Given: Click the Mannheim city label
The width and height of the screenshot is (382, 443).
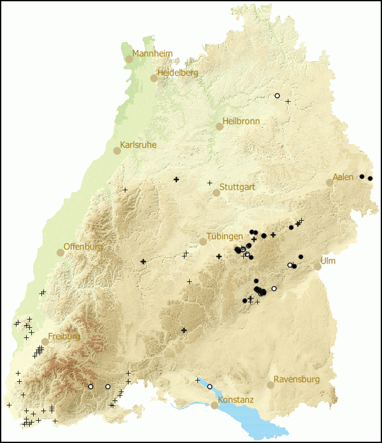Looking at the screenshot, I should (x=152, y=53).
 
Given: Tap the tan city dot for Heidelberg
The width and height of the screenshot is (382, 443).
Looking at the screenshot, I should (x=153, y=78).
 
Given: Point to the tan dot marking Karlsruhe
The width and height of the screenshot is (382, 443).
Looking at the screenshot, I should (x=117, y=151).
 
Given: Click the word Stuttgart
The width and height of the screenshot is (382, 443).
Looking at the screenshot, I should (x=237, y=187).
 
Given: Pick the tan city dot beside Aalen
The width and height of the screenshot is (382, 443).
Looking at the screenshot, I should (x=330, y=183).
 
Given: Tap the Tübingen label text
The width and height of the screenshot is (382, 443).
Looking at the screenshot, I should (x=223, y=236).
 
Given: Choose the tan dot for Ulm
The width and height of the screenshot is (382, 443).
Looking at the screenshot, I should (x=318, y=267).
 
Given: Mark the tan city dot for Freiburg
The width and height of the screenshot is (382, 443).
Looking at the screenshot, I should (x=45, y=341).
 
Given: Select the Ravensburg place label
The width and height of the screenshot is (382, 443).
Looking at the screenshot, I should (x=296, y=379).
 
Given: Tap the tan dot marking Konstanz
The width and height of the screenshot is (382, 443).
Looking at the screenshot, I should (x=215, y=405).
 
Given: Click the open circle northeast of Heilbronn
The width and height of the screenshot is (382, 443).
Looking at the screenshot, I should (x=277, y=95).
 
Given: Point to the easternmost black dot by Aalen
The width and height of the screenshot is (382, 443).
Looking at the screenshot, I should (x=370, y=178).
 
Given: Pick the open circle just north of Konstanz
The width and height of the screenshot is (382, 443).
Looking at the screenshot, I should (x=209, y=386).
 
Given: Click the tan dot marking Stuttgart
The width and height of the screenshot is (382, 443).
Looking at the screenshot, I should (x=216, y=193).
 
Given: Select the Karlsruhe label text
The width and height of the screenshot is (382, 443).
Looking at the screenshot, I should (x=138, y=145).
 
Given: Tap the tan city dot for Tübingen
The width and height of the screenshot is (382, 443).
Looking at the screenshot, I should (x=203, y=242).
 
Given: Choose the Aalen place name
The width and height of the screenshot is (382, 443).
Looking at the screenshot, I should (x=343, y=177).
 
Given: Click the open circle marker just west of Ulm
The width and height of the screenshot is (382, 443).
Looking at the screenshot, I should (x=290, y=265).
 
